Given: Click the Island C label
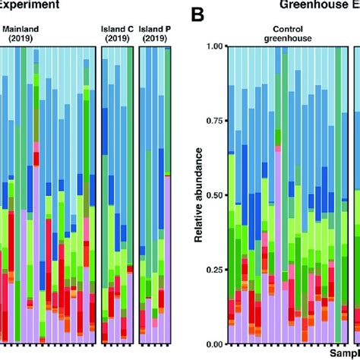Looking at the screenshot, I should [x=117, y=29].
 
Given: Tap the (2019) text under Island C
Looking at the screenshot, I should [x=117, y=38].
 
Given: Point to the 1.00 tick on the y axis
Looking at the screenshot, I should [x=216, y=47].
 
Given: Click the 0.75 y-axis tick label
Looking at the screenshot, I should [x=216, y=121].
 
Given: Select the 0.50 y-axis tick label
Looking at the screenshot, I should [x=216, y=195].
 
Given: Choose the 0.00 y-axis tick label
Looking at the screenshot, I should [x=216, y=343].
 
